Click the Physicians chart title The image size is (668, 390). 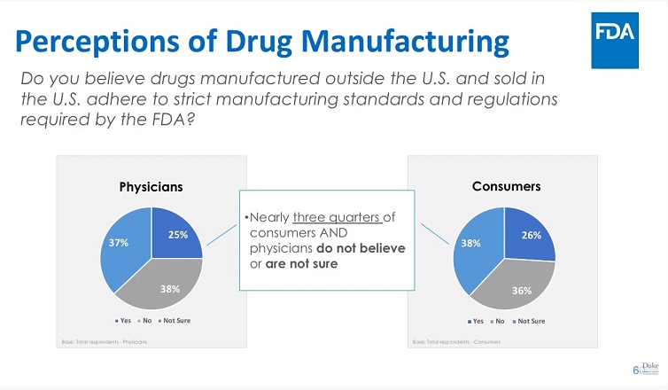click(151, 187)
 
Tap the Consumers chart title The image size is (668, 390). click(505, 186)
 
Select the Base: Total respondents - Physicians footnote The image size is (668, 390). click(105, 341)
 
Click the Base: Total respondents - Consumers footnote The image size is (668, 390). click(457, 341)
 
